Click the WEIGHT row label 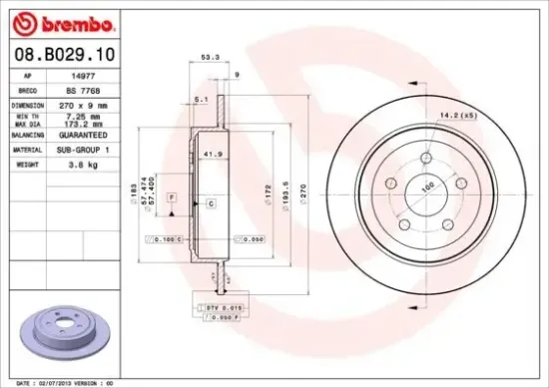tap(26, 164)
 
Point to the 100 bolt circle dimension tap(430, 187)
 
